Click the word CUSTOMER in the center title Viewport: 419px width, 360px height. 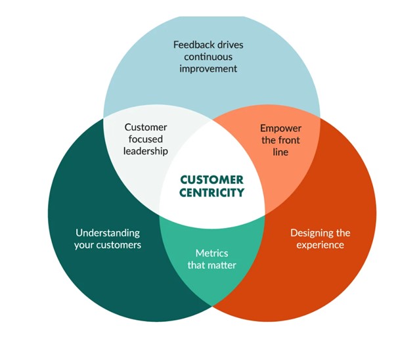[211, 180]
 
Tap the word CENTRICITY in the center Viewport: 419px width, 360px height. [211, 193]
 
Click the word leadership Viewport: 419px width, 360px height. [146, 151]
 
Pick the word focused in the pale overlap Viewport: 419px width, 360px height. [146, 139]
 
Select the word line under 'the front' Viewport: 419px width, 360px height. [282, 152]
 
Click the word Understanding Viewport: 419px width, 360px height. [108, 233]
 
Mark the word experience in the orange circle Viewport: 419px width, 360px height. [320, 245]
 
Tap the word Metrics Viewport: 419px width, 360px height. [211, 253]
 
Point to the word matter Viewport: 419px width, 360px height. [222, 265]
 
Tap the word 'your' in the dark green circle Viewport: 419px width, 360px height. [87, 245]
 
